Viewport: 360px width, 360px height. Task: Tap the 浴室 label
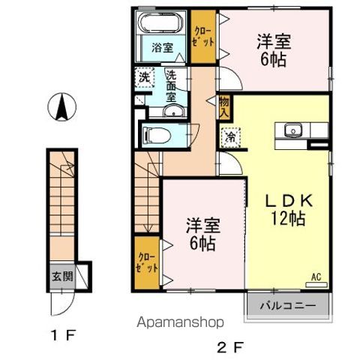[x=163, y=48]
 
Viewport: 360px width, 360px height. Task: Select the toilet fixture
[x=156, y=136]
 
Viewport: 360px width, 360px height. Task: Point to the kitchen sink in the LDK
[x=293, y=130]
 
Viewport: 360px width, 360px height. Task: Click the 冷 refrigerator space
[x=230, y=137]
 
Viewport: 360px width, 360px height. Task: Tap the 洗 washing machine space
[x=145, y=77]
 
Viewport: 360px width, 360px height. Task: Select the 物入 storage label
[x=224, y=107]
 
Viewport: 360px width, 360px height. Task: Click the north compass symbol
[x=62, y=106]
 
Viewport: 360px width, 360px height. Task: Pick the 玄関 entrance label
[x=62, y=277]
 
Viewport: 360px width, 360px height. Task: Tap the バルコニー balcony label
[x=288, y=306]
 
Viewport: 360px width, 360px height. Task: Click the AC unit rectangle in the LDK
[x=316, y=284]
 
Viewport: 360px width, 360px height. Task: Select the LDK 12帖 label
[x=289, y=210]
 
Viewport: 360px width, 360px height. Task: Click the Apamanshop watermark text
[x=180, y=322]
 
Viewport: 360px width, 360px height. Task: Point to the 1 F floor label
[x=63, y=336]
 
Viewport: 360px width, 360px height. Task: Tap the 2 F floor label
[x=229, y=347]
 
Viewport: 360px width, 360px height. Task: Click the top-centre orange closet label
[x=203, y=37]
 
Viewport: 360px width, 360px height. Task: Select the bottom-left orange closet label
[x=147, y=262]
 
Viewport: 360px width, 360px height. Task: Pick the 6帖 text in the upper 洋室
[x=274, y=60]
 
